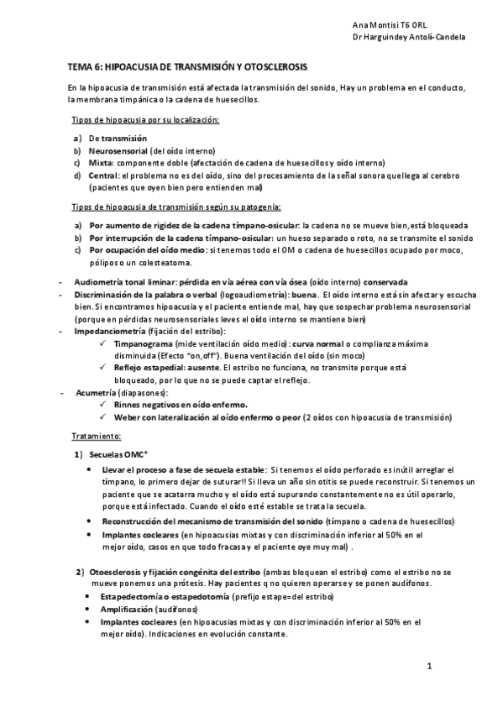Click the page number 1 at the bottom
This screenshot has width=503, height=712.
tap(428, 667)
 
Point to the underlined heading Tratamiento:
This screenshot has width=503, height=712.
tap(97, 437)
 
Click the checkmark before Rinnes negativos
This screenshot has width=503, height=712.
tap(102, 405)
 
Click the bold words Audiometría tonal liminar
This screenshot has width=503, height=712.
tap(127, 281)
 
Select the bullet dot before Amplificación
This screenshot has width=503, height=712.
tap(90, 608)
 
